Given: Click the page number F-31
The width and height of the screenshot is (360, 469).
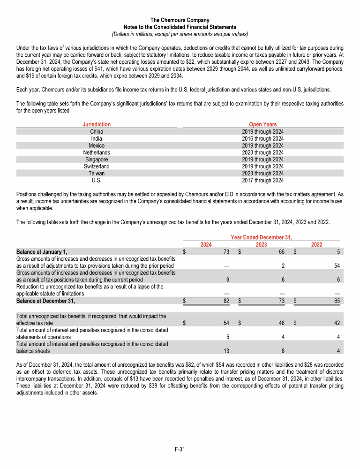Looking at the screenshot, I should [180, 449].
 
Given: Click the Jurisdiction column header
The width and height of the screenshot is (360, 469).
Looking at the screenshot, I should [97, 124].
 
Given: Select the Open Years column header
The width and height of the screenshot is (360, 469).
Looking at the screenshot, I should [262, 124].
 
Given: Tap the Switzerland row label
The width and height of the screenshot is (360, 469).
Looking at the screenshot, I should [97, 166].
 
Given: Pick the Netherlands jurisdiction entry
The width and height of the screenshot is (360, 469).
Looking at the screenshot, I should [97, 152].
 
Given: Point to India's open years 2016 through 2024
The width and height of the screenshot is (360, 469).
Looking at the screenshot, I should [262, 138].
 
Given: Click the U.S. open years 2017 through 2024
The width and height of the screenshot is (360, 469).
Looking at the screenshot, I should [262, 180].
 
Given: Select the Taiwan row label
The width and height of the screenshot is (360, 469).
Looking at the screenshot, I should [97, 173].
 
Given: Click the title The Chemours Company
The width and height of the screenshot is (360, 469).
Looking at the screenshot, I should [180, 20].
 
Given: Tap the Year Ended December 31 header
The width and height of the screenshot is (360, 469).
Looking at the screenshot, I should [262, 237].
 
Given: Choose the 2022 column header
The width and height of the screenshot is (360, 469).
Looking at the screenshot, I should [317, 244].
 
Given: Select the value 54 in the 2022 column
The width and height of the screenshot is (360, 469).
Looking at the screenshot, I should [336, 266].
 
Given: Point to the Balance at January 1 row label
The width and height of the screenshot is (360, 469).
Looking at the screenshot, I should [42, 252].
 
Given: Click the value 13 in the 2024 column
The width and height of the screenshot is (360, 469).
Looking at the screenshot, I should [225, 350].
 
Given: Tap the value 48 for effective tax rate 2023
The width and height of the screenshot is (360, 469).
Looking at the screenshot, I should [280, 323].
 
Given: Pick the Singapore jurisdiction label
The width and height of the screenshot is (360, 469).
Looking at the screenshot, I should [97, 159].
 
